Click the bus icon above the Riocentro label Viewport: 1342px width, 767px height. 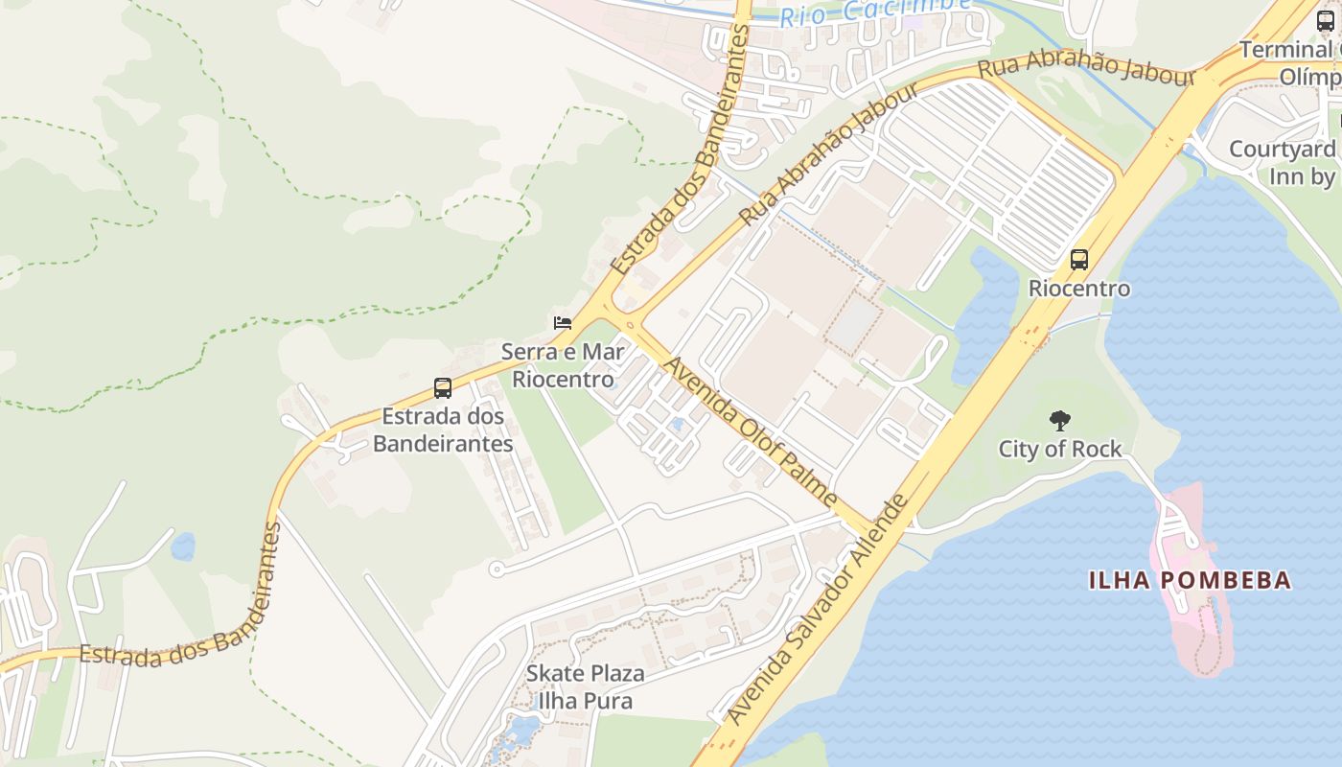[1079, 259]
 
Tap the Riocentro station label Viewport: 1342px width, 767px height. [1079, 289]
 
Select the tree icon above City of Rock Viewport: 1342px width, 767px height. [1059, 420]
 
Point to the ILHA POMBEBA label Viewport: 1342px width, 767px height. [1190, 580]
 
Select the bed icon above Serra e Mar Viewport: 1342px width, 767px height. [563, 322]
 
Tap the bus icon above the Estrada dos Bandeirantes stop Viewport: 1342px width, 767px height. [442, 388]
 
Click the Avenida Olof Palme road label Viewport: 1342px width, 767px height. [752, 431]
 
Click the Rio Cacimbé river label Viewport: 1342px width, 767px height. [874, 12]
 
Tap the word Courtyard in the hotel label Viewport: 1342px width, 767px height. [1282, 150]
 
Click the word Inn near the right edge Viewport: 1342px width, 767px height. [1286, 177]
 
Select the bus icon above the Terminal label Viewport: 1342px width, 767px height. [1326, 21]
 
